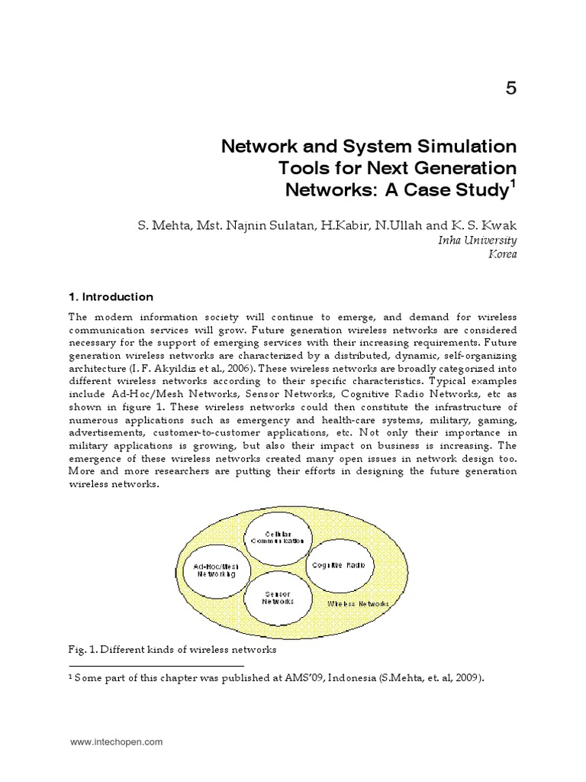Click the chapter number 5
tap(510, 89)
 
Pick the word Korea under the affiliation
tap(502, 254)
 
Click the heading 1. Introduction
tap(111, 297)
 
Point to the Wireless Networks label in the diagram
tap(358, 603)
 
